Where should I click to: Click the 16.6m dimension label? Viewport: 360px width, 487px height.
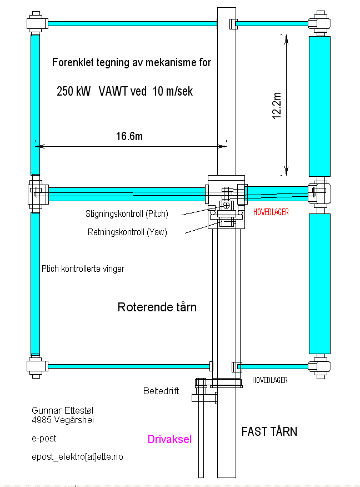point(129,136)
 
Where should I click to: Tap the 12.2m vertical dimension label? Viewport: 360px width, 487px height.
point(277,106)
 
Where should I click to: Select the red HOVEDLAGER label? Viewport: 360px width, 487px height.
point(271,212)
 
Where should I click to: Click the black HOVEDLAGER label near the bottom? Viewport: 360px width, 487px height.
point(269,380)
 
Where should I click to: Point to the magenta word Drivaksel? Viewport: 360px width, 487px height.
point(169,439)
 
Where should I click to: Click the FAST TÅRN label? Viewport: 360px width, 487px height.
point(269,431)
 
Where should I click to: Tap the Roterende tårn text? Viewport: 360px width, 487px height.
point(157,307)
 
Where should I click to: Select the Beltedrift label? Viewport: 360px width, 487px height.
point(161,391)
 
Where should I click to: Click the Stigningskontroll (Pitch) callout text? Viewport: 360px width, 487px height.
point(127,213)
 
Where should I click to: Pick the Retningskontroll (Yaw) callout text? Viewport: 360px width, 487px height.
point(127,232)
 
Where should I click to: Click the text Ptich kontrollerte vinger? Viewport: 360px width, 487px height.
point(83,269)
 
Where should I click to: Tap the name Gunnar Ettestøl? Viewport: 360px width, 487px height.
point(62,410)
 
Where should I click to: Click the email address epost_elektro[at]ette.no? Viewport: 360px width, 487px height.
point(77,456)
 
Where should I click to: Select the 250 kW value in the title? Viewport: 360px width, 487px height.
point(73,91)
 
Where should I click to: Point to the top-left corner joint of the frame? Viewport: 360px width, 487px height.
point(37,23)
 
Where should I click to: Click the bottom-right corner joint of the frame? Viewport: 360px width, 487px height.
point(320,367)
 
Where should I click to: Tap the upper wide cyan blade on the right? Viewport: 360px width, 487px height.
point(319,106)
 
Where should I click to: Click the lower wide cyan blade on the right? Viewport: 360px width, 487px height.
point(319,284)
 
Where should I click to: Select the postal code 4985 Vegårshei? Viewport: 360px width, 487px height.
point(63,420)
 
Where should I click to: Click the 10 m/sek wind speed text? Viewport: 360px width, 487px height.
point(173,91)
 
